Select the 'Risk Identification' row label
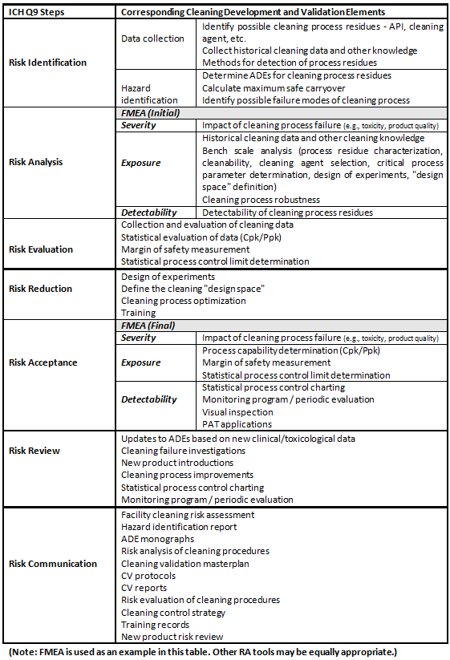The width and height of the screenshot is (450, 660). point(47,63)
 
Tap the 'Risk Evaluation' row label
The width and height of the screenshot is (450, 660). point(41,249)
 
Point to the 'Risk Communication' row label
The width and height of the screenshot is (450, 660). point(53,564)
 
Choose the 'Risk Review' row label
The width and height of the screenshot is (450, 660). point(34,451)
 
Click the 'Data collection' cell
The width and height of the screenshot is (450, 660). point(152,38)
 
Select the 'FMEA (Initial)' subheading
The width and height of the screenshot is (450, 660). point(150,113)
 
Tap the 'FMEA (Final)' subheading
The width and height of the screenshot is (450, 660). point(148,326)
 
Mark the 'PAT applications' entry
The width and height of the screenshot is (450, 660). point(237,424)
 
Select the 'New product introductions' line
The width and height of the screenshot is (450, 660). point(177,463)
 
